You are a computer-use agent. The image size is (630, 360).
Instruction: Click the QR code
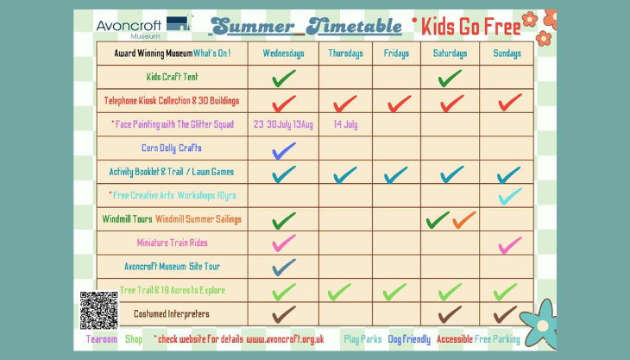pyautogui.click(x=99, y=311)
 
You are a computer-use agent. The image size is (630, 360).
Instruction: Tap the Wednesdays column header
pyautogui.click(x=283, y=54)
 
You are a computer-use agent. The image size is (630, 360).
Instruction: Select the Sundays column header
pyautogui.click(x=507, y=54)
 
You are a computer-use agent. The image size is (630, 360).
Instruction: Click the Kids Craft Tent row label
pyautogui.click(x=172, y=77)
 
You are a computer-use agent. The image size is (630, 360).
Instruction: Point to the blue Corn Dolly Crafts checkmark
pyautogui.click(x=284, y=151)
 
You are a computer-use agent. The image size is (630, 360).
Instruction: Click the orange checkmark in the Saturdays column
pyautogui.click(x=464, y=220)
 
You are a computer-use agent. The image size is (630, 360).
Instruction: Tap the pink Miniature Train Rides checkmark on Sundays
pyautogui.click(x=510, y=245)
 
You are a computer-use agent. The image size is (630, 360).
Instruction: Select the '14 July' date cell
pyautogui.click(x=345, y=124)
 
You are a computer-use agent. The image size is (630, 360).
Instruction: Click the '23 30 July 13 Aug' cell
pyautogui.click(x=283, y=124)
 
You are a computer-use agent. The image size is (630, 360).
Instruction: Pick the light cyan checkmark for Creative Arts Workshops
pyautogui.click(x=510, y=197)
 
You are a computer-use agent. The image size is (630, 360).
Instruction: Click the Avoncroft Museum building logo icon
pyautogui.click(x=179, y=23)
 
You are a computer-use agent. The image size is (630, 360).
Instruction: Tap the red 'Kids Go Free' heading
pyautogui.click(x=471, y=27)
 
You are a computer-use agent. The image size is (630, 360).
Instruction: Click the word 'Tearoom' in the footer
pyautogui.click(x=102, y=339)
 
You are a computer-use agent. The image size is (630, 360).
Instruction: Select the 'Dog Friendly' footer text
pyautogui.click(x=409, y=339)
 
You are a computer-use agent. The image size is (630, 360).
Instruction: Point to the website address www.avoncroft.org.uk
pyautogui.click(x=285, y=339)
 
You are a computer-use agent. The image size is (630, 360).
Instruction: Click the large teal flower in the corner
pyautogui.click(x=539, y=324)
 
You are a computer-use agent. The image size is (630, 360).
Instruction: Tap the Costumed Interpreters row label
pyautogui.click(x=172, y=313)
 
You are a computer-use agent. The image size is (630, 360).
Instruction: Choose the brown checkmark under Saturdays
pyautogui.click(x=450, y=314)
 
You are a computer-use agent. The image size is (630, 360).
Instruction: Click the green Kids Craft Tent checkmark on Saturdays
pyautogui.click(x=450, y=78)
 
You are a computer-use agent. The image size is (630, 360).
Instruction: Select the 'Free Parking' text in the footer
pyautogui.click(x=497, y=339)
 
